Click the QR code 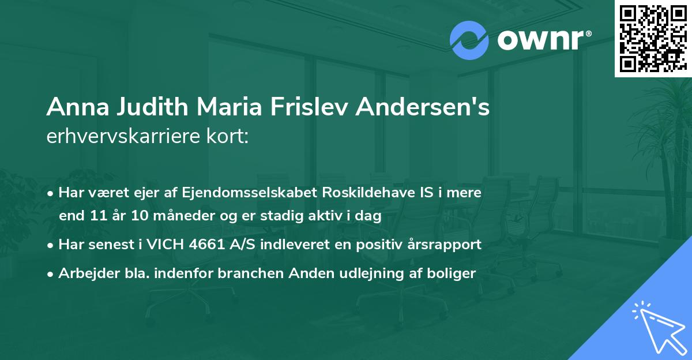click(x=653, y=39)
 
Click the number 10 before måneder click(x=133, y=216)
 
